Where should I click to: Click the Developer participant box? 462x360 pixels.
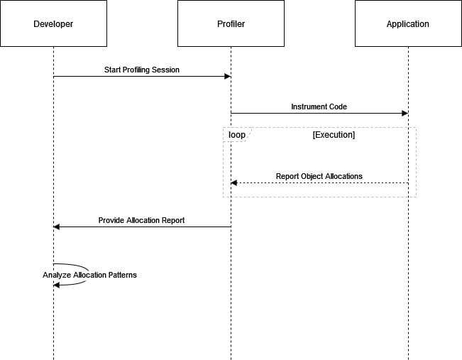[53, 23]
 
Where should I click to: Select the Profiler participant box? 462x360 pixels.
[231, 23]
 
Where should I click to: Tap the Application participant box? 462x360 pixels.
[407, 23]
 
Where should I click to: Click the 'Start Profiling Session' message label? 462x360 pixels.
[142, 70]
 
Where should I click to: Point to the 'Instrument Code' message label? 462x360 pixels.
[319, 107]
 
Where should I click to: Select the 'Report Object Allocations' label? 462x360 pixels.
[319, 176]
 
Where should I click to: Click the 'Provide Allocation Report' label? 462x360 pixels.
[141, 220]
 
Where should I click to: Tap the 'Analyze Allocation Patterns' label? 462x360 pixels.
[89, 275]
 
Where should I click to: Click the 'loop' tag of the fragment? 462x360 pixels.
[236, 134]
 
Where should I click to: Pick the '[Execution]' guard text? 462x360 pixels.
[334, 134]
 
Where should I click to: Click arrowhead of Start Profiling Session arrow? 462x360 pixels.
[227, 77]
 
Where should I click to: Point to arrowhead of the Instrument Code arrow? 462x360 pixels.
[405, 114]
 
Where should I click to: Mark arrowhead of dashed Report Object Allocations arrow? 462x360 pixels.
[234, 183]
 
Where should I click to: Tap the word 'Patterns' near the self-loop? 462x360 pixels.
[121, 275]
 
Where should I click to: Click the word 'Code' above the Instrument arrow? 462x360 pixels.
[337, 107]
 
